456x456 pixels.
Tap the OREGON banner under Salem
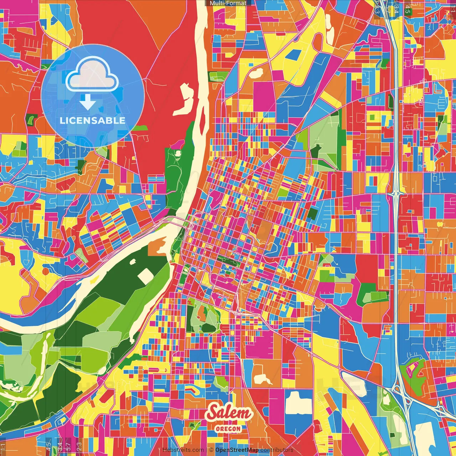pyautogui.click(x=228, y=429)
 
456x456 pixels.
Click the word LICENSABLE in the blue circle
pyautogui.click(x=92, y=120)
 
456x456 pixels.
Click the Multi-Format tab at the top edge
pyautogui.click(x=228, y=3)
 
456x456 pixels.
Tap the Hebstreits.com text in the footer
pyautogui.click(x=183, y=450)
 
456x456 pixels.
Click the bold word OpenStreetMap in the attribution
pyautogui.click(x=237, y=450)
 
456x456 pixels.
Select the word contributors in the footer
pyautogui.click(x=277, y=450)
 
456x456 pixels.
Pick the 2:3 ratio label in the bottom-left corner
pyautogui.click(x=79, y=446)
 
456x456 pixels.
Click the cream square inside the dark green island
pyautogui.click(x=145, y=276)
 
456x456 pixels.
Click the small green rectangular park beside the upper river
pyautogui.click(x=218, y=76)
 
